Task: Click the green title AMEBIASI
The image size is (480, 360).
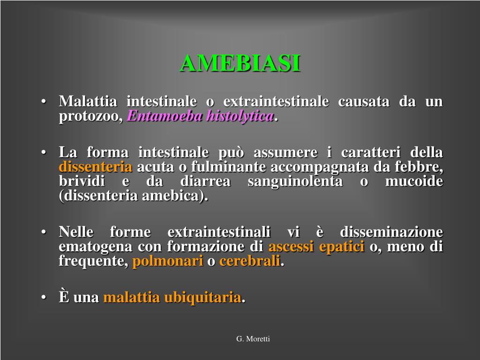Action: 240,63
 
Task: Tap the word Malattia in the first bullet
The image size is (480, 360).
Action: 88,101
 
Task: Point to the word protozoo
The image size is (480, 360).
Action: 91,117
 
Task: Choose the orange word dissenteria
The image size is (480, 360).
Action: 96,167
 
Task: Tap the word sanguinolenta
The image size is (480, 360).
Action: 295,181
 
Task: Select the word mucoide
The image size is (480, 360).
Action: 414,181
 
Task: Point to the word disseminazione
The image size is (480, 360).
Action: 391,232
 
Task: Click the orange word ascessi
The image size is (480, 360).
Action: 291,247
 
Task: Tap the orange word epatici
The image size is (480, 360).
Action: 342,247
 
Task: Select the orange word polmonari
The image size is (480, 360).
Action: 168,261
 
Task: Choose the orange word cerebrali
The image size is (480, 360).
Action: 250,261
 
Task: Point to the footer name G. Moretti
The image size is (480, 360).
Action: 253,339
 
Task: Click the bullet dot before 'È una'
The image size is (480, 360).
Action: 44,297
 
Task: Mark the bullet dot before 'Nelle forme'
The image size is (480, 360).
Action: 44,232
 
